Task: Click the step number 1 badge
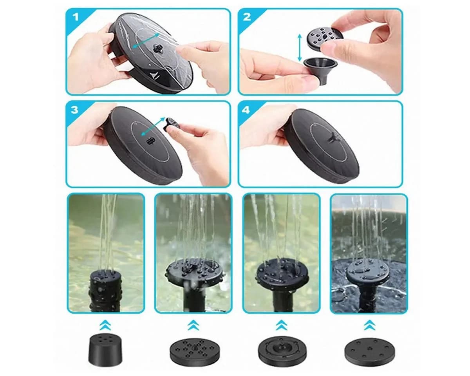[76, 17]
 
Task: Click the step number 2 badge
[247, 18]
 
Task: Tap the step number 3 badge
[75, 109]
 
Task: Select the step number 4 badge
[246, 110]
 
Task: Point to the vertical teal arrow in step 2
[299, 48]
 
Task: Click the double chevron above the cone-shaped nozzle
[105, 325]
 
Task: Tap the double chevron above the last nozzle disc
[369, 325]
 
